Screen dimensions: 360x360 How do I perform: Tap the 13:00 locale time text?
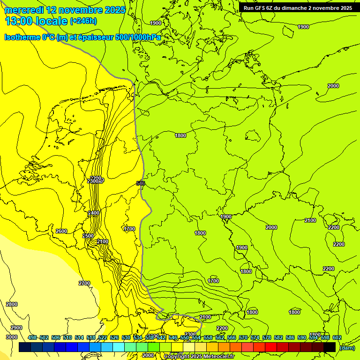pyautogui.click(x=36, y=21)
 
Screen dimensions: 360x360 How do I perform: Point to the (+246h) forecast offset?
pyautogui.click(x=83, y=21)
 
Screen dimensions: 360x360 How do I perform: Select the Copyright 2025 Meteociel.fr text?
pyautogui.click(x=199, y=357)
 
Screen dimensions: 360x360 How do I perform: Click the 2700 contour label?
pyautogui.click(x=84, y=283)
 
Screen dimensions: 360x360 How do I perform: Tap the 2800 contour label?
pyautogui.click(x=12, y=304)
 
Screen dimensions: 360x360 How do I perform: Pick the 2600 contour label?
pyautogui.click(x=61, y=231)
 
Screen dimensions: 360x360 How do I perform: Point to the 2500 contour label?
pyautogui.click(x=88, y=236)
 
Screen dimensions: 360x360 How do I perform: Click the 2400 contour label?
pyautogui.click(x=94, y=213)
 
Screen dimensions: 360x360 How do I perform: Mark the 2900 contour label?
pyautogui.click(x=16, y=328)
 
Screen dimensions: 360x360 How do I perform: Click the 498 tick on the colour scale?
pyautogui.click(x=32, y=337)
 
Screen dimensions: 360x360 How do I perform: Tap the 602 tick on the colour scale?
pyautogui.click(x=337, y=337)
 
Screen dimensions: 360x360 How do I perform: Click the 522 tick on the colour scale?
pyautogui.click(x=103, y=337)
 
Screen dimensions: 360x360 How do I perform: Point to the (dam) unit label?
pyautogui.click(x=347, y=347)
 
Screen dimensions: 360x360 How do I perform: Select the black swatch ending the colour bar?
pyautogui.click(x=330, y=347)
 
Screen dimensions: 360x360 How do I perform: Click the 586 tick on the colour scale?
pyautogui.click(x=290, y=337)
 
